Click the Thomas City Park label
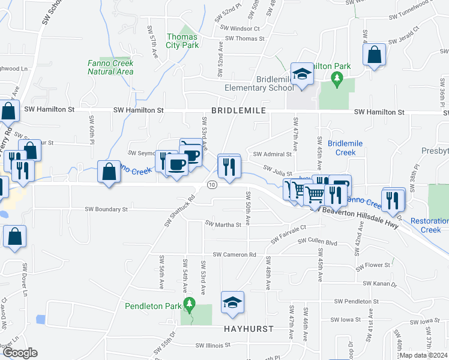(x=182, y=41)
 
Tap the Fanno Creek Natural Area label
(x=110, y=67)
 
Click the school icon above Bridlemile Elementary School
(x=302, y=74)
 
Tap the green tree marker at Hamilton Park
(x=337, y=77)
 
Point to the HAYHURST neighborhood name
(x=249, y=329)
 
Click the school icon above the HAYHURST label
(x=232, y=302)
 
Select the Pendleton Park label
(x=152, y=306)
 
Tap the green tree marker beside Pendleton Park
(x=189, y=305)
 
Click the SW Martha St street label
(x=223, y=224)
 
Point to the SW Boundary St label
(x=106, y=209)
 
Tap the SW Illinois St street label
(x=213, y=345)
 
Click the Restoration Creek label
(x=430, y=225)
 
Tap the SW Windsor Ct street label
(x=240, y=28)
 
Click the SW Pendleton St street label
(x=357, y=301)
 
